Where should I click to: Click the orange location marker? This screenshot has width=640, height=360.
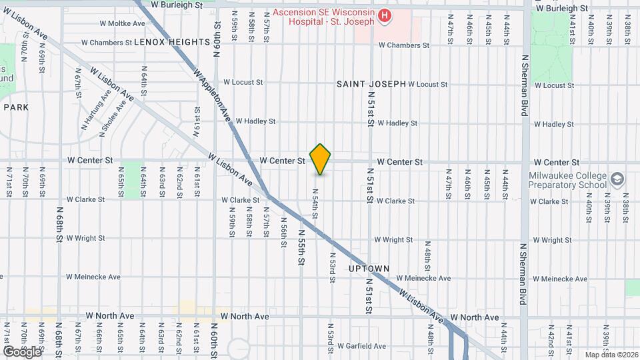[321, 159]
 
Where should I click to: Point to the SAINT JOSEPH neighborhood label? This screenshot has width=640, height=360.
[371, 84]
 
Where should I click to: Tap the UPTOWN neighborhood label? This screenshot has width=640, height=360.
[369, 269]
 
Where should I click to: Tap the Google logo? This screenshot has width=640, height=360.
[22, 351]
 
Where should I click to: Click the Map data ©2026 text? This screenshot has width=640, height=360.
[611, 355]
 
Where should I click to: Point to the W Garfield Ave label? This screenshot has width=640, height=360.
[361, 346]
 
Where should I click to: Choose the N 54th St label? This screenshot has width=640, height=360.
[315, 203]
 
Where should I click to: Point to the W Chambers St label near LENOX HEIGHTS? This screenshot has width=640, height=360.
[107, 43]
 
